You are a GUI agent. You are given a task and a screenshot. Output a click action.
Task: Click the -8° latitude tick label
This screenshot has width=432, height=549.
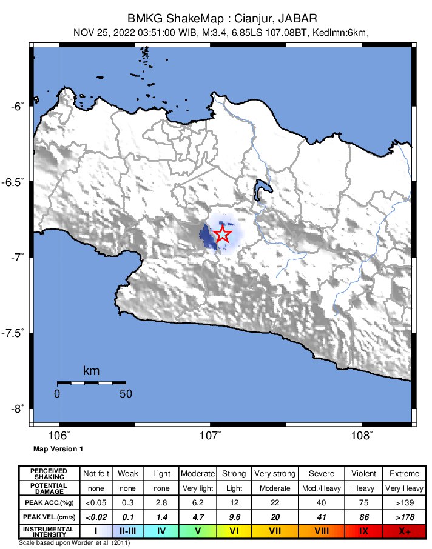tap(17, 408)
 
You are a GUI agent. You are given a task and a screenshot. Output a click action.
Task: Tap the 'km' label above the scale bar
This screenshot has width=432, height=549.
tap(91, 371)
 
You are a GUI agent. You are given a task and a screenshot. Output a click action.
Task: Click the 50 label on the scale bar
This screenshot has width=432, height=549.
tap(126, 393)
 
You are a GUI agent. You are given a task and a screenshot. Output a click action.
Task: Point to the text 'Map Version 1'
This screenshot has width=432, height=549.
tap(58, 449)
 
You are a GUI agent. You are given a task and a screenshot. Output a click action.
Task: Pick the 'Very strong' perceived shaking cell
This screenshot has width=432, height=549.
tap(274, 473)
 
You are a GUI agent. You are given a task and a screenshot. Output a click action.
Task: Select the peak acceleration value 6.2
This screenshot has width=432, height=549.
tap(198, 502)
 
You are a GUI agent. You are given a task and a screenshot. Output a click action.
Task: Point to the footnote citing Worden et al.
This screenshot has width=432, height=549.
tap(75, 542)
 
